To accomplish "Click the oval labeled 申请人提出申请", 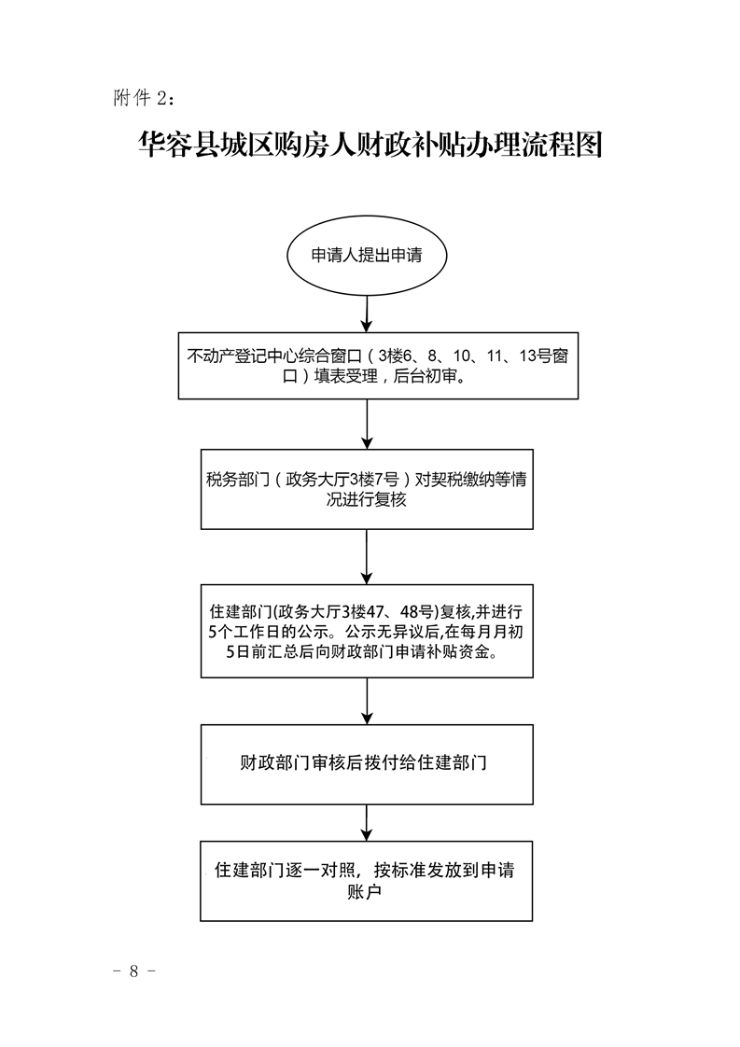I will coord(367,256).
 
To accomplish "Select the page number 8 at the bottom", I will coord(133,970).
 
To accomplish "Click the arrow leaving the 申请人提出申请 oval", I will coord(367,312).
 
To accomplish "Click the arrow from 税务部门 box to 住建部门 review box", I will coord(367,558).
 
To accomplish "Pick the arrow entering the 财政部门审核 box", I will coord(367,700).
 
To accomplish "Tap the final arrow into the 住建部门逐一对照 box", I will coord(367,821).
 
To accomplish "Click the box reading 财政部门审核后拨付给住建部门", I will coord(367,762).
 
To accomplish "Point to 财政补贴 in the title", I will coord(401,148).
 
